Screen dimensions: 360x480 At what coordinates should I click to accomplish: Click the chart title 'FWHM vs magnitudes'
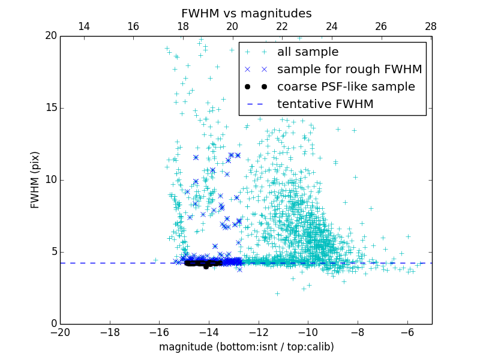click(246, 13)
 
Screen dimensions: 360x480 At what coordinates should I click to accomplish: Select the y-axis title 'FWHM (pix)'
click(35, 179)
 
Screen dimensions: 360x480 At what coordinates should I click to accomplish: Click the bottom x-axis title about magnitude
click(246, 347)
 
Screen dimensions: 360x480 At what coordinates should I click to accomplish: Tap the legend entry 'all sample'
click(308, 52)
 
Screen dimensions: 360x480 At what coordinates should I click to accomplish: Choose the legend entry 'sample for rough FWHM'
click(349, 70)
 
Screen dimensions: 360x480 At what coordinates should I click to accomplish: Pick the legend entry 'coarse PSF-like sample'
click(346, 86)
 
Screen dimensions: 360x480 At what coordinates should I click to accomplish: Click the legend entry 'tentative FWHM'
click(325, 104)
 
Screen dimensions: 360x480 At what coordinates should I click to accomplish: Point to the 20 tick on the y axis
click(50, 36)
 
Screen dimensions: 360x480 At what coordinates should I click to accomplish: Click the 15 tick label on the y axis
click(50, 108)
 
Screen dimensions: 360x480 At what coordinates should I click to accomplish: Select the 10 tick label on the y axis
click(50, 180)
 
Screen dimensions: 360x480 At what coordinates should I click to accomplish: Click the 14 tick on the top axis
click(84, 26)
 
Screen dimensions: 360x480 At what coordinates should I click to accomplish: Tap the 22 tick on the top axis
click(282, 26)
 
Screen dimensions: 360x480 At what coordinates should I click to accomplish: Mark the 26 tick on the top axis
click(381, 26)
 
